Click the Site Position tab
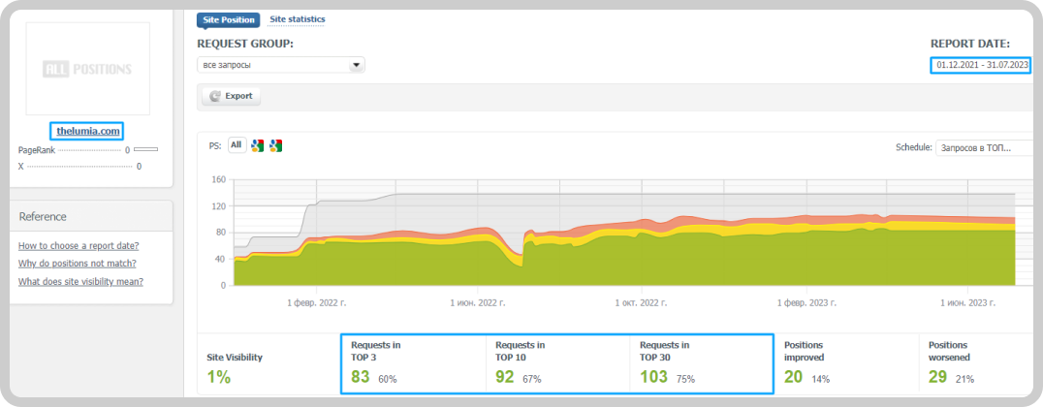pyautogui.click(x=228, y=20)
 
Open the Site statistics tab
pyautogui.click(x=297, y=19)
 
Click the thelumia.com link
pyautogui.click(x=88, y=131)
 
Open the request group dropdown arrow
pyautogui.click(x=356, y=65)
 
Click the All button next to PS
pyautogui.click(x=237, y=144)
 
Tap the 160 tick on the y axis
pyautogui.click(x=219, y=179)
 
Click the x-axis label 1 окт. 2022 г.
pyautogui.click(x=642, y=303)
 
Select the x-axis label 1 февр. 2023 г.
pyautogui.click(x=806, y=303)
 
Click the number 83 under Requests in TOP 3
pyautogui.click(x=361, y=377)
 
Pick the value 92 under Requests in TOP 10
pyautogui.click(x=505, y=377)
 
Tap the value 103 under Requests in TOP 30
pyautogui.click(x=654, y=377)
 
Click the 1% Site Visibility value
pyautogui.click(x=219, y=377)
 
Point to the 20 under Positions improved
pyautogui.click(x=794, y=377)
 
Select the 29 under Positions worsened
pyautogui.click(x=938, y=377)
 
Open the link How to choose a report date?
pyautogui.click(x=79, y=245)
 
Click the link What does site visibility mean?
pyautogui.click(x=80, y=281)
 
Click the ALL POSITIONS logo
pyautogui.click(x=87, y=69)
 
